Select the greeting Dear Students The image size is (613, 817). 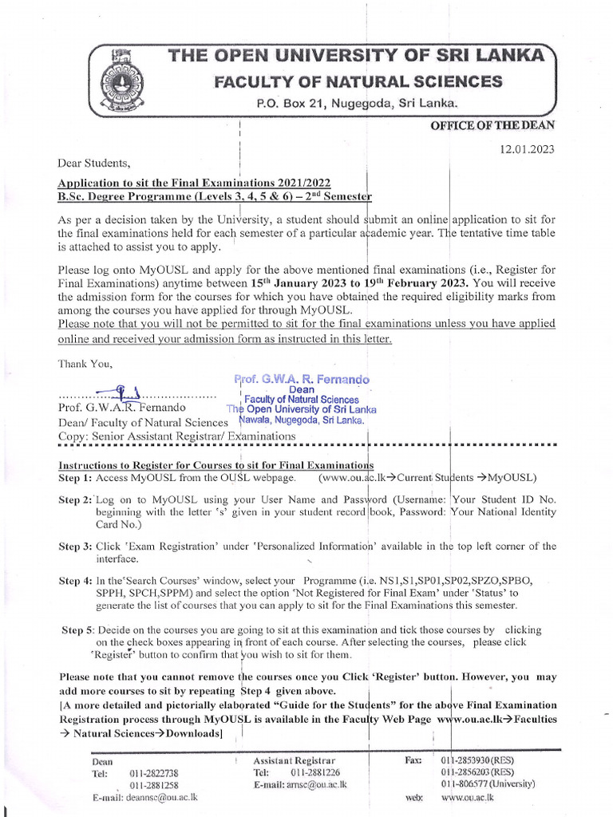[x=93, y=164]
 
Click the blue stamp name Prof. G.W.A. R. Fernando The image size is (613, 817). [x=302, y=380]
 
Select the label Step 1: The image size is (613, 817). [x=76, y=478]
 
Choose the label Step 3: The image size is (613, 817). [x=76, y=547]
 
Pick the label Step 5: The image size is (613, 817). [x=79, y=630]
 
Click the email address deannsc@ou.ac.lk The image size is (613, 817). [x=159, y=797]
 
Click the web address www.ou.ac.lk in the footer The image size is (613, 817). [x=468, y=797]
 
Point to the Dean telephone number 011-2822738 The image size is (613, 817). [x=154, y=773]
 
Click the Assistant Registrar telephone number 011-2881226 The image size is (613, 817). [x=315, y=772]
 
